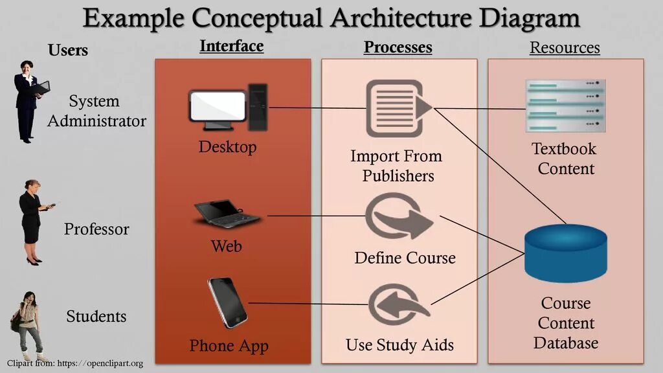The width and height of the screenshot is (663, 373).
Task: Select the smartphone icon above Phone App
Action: click(x=227, y=302)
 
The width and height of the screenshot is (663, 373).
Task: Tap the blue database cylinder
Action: click(x=565, y=253)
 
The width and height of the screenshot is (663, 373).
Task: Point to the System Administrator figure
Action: click(x=28, y=100)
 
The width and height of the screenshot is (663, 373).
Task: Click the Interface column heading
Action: click(x=231, y=47)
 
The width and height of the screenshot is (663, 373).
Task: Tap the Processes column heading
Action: click(x=398, y=47)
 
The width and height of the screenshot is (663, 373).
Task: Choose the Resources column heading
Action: click(x=565, y=47)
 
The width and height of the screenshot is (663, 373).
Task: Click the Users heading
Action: click(x=68, y=50)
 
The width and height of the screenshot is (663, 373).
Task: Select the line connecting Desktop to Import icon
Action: click(x=317, y=107)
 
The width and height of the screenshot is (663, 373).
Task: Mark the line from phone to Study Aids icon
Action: click(x=308, y=303)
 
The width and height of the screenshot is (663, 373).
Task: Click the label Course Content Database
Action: click(x=565, y=322)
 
